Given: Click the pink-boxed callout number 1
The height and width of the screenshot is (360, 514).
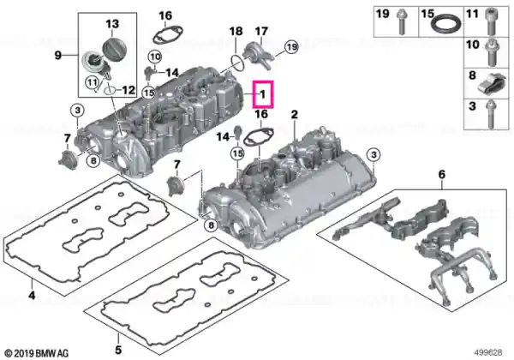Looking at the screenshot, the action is click(x=263, y=95).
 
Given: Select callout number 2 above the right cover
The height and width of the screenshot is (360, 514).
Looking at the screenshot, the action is click(x=295, y=115).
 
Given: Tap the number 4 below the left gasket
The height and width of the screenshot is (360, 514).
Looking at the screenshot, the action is click(x=32, y=296).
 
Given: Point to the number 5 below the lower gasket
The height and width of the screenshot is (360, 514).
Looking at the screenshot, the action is click(x=118, y=350).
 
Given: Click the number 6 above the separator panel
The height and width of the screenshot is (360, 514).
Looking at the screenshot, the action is click(x=442, y=174).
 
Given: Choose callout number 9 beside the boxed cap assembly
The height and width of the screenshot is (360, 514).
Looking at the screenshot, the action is click(x=57, y=56).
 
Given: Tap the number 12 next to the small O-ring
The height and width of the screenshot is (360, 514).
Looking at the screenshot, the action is click(x=128, y=89).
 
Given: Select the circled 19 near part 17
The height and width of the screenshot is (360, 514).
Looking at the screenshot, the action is click(x=291, y=47).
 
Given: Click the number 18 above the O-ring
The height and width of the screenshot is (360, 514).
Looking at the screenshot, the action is click(x=236, y=32).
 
